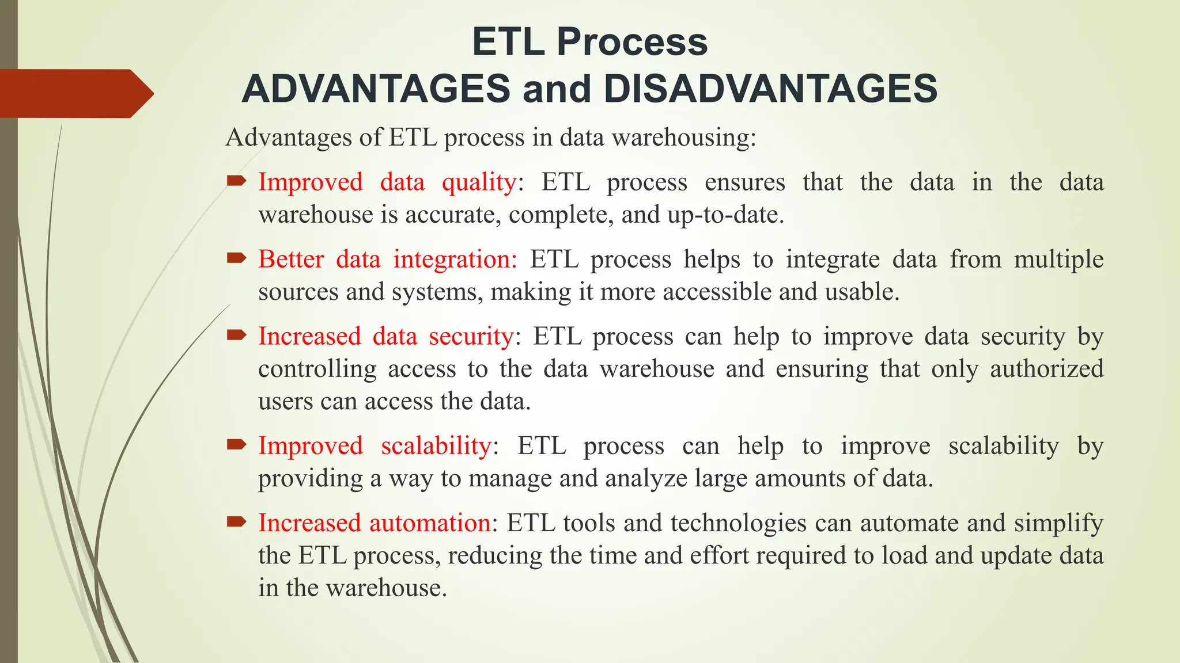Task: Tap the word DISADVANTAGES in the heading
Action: coord(770,89)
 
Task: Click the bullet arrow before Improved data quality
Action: coord(236,182)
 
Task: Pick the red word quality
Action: coord(479,183)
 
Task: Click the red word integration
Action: coord(455,260)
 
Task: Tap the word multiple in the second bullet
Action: coord(1058,260)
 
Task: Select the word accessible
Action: coord(717,292)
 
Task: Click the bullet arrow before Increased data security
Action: coord(236,335)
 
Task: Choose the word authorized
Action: coord(1046,369)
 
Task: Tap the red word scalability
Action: coord(436,446)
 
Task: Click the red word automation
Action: coord(430,523)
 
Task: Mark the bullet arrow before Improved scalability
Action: coord(236,444)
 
